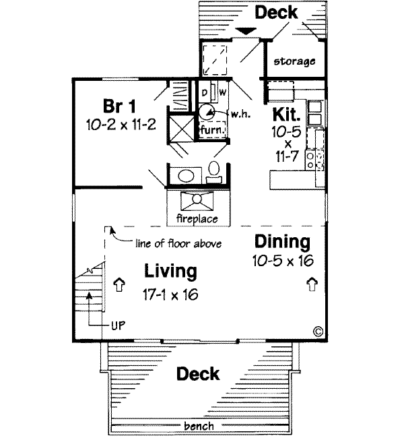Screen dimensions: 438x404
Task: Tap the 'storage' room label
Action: (x=294, y=61)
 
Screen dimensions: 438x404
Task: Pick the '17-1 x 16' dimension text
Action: (x=170, y=295)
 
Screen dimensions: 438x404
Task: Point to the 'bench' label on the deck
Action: (x=199, y=426)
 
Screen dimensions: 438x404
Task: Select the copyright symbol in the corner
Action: (x=318, y=331)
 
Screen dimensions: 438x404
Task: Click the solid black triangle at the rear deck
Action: (x=246, y=30)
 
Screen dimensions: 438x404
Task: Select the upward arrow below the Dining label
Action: (x=312, y=284)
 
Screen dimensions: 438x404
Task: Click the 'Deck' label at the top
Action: (x=275, y=12)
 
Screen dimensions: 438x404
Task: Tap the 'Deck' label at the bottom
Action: (x=199, y=373)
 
